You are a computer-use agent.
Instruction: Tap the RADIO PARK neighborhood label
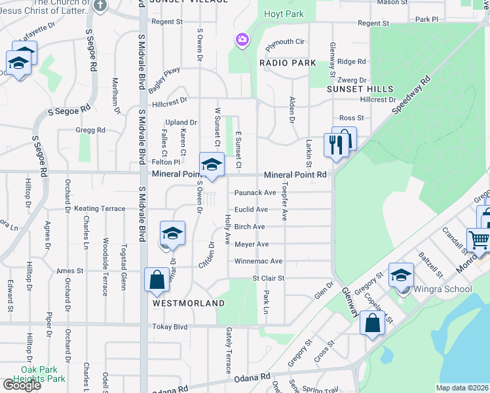pyautogui.click(x=288, y=63)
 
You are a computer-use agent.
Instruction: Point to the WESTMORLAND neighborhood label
pyautogui.click(x=189, y=303)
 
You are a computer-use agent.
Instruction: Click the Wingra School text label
pyautogui.click(x=438, y=289)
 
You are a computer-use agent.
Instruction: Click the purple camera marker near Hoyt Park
pyautogui.click(x=242, y=40)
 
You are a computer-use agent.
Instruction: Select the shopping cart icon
pyautogui.click(x=478, y=240)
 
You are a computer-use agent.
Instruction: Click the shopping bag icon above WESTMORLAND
pyautogui.click(x=157, y=280)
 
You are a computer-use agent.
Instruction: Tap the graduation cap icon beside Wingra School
pyautogui.click(x=401, y=275)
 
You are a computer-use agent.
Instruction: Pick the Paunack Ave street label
pyautogui.click(x=255, y=193)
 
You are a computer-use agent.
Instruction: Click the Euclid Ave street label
pyautogui.click(x=252, y=210)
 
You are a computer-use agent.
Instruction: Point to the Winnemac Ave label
pyautogui.click(x=258, y=261)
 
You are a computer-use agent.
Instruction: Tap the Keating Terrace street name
pyautogui.click(x=100, y=208)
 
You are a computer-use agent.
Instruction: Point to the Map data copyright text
pyautogui.click(x=461, y=388)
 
